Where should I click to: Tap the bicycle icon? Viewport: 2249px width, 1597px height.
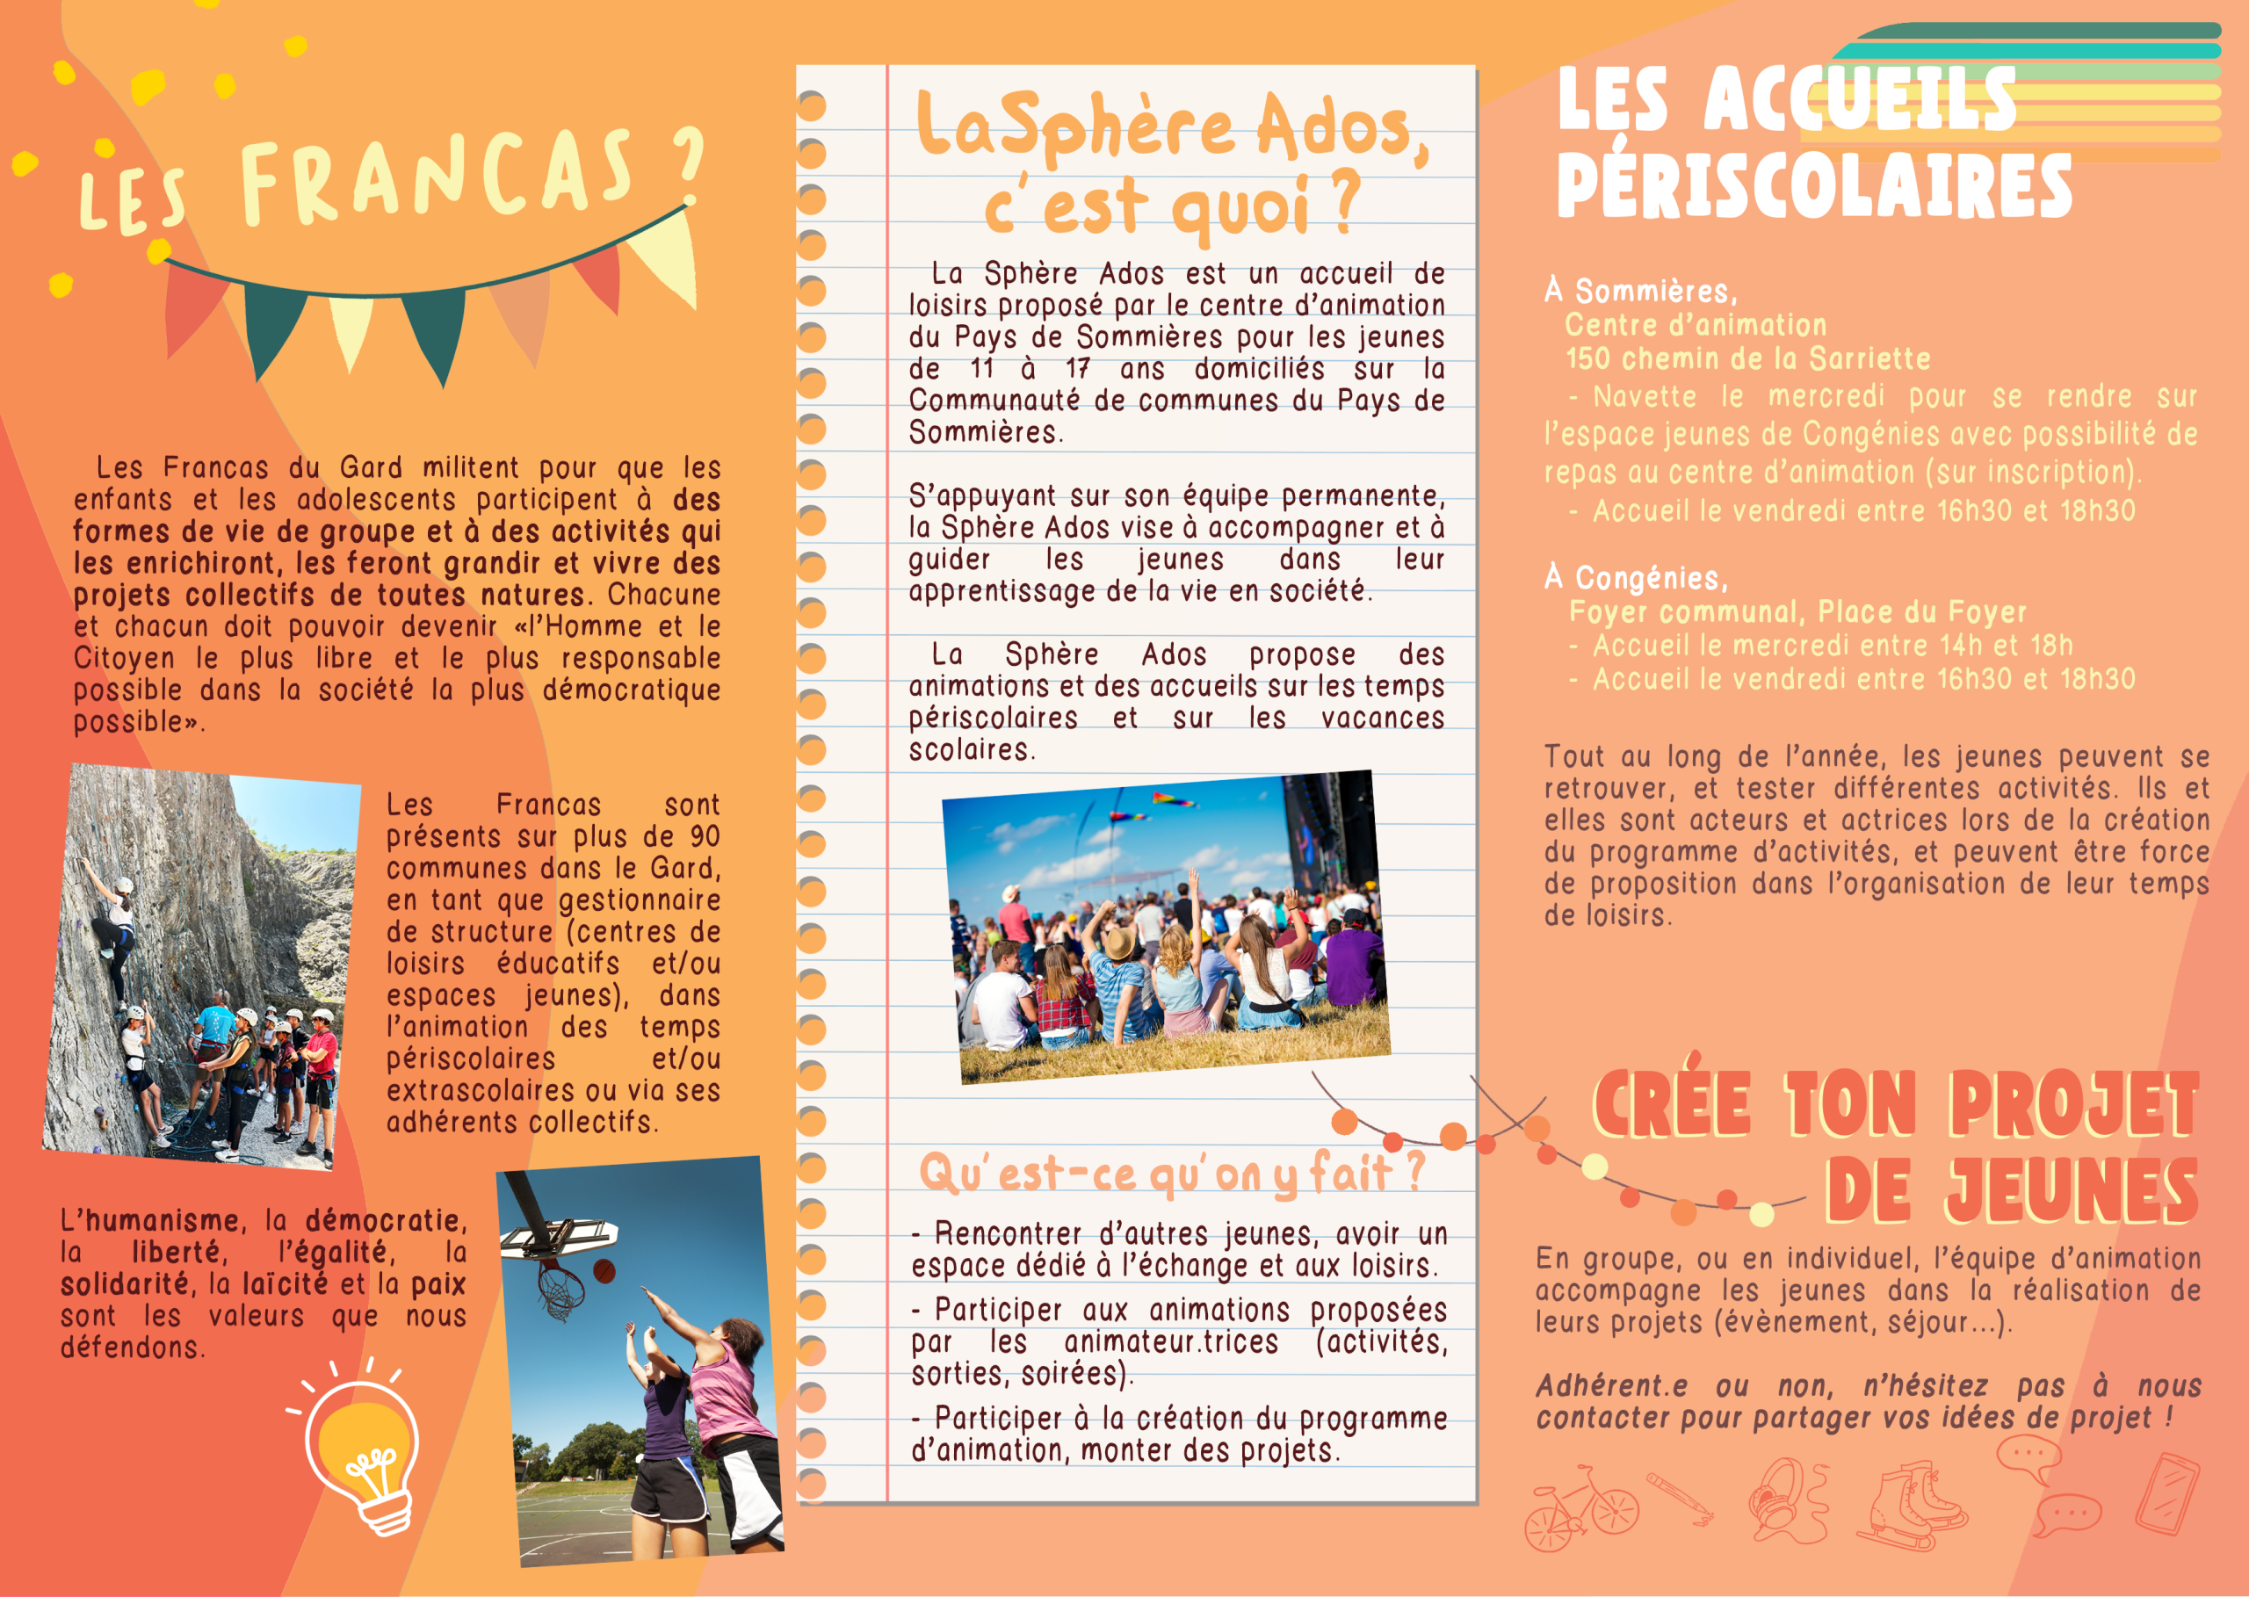click(1580, 1508)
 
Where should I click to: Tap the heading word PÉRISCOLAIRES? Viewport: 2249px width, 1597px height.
click(1813, 186)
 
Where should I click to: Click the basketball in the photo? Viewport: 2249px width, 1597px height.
click(604, 1270)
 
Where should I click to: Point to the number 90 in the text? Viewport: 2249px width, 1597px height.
click(704, 836)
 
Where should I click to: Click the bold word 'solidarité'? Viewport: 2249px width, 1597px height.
click(124, 1284)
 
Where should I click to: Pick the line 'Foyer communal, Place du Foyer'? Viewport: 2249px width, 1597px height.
click(1797, 611)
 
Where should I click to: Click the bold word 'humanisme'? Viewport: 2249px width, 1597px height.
click(163, 1220)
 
